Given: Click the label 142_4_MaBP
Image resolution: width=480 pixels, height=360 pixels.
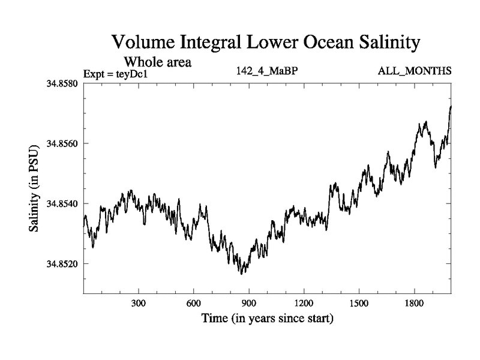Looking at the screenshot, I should (268, 71).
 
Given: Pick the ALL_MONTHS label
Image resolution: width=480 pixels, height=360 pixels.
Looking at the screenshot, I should (414, 71).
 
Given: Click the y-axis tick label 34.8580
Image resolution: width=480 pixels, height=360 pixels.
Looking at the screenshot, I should (62, 83).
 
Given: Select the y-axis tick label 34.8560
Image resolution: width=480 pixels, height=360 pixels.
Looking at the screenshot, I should (62, 143).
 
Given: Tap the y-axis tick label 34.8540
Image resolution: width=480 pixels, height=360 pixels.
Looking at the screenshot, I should (62, 203).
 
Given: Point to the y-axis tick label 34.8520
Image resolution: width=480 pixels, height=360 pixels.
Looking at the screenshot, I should (62, 263).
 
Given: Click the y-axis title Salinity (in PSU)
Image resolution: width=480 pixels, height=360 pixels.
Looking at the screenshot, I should (34, 188).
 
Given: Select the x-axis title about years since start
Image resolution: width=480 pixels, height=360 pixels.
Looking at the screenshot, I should (267, 318).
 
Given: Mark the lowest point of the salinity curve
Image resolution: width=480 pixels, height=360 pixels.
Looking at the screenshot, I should (241, 274).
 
